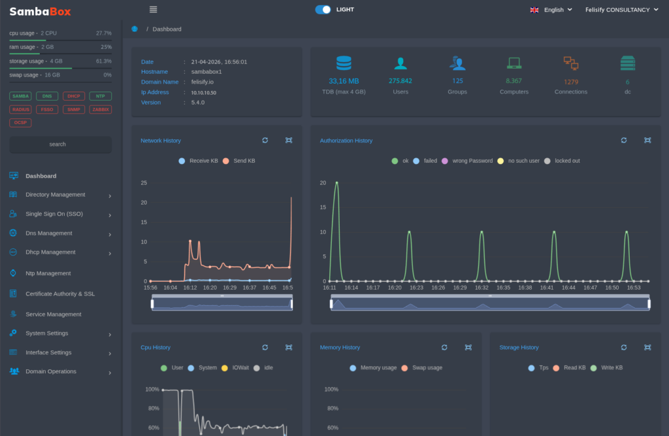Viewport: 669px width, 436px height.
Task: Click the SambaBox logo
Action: tap(41, 11)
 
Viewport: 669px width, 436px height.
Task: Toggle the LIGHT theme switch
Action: tap(323, 10)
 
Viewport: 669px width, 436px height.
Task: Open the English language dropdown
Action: tap(553, 10)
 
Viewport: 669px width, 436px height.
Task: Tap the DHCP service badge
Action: tap(74, 96)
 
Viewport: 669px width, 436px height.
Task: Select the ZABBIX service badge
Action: tap(101, 109)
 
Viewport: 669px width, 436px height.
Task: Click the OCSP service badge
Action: tap(20, 122)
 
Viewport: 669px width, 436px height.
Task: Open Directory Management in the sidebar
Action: tap(56, 195)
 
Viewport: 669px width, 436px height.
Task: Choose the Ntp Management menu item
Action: tap(48, 273)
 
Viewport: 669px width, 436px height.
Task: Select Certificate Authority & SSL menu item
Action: tap(60, 294)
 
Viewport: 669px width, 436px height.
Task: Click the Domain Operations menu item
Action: tap(51, 371)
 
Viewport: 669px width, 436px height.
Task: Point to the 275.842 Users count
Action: tap(400, 81)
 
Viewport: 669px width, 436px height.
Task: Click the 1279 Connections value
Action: tap(571, 82)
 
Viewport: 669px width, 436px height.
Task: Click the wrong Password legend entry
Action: tap(466, 161)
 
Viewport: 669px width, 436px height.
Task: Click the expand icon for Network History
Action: tap(289, 141)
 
